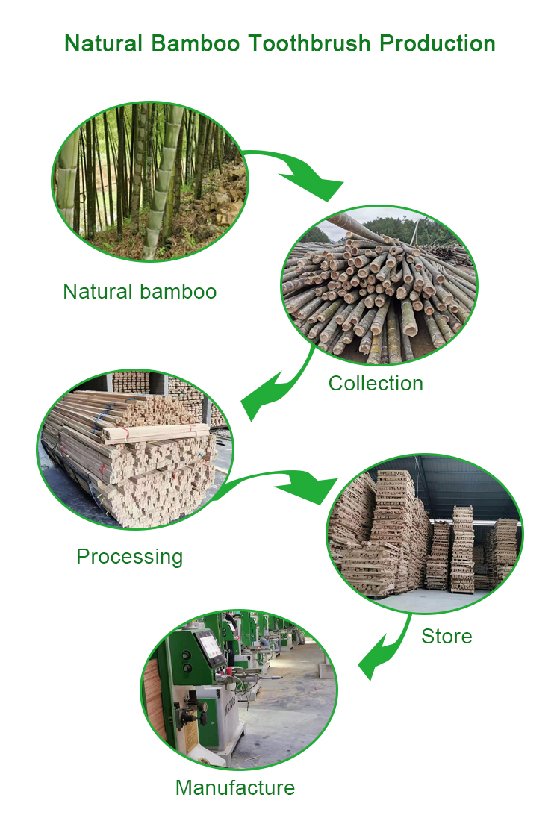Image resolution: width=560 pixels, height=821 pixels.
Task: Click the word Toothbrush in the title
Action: [310, 43]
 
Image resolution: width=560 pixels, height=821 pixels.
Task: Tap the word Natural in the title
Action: [105, 43]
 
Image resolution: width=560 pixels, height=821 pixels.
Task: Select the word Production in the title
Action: [437, 43]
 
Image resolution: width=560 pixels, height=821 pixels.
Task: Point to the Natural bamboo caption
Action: [140, 291]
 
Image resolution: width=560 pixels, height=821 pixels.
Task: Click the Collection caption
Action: [376, 384]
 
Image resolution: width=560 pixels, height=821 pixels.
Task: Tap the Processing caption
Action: [129, 557]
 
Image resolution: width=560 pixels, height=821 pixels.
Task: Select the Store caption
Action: [447, 637]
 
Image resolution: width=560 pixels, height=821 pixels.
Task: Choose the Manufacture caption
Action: [235, 787]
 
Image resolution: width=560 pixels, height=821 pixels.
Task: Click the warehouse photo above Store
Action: [424, 533]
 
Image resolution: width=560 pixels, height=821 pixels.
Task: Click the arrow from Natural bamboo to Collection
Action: [299, 172]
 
